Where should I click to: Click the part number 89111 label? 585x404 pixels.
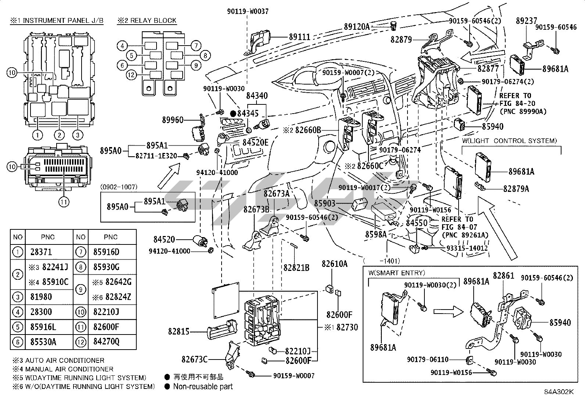point(299,37)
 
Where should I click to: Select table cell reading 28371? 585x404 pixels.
point(41,252)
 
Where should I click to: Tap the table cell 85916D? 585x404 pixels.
point(106,252)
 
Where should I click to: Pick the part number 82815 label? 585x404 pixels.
point(179,332)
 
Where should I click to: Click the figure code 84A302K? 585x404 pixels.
point(559,392)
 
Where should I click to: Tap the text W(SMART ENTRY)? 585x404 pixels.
point(396,273)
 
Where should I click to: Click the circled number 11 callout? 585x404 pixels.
point(64,201)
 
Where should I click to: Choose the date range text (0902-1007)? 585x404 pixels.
point(119,187)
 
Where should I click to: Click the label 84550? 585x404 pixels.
point(417,223)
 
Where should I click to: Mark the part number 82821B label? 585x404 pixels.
point(296,268)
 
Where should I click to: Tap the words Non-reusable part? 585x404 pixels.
point(203,386)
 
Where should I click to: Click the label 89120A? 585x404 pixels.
point(357,26)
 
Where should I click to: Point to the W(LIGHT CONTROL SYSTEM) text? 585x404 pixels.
point(509,140)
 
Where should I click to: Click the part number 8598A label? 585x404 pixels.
point(376,234)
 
